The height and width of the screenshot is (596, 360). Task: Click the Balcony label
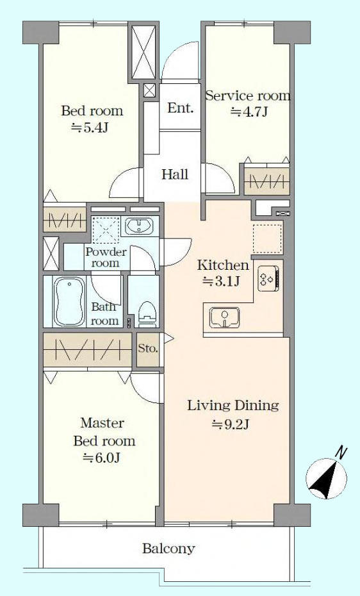(x=168, y=549)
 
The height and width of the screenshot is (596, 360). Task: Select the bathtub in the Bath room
(x=69, y=301)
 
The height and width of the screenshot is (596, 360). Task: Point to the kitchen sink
(x=224, y=317)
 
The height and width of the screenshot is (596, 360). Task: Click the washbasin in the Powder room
(x=140, y=226)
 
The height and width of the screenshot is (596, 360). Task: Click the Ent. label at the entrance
(x=181, y=108)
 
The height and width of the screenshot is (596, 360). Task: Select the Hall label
(x=175, y=174)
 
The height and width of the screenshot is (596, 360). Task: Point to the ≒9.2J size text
(x=230, y=424)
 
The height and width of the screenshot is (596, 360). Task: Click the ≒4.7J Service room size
(x=249, y=112)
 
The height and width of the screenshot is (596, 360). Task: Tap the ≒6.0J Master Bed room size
(x=102, y=458)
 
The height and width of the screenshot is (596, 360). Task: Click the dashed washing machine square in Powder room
(x=106, y=229)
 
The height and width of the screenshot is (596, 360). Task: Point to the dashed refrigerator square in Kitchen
(x=268, y=238)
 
